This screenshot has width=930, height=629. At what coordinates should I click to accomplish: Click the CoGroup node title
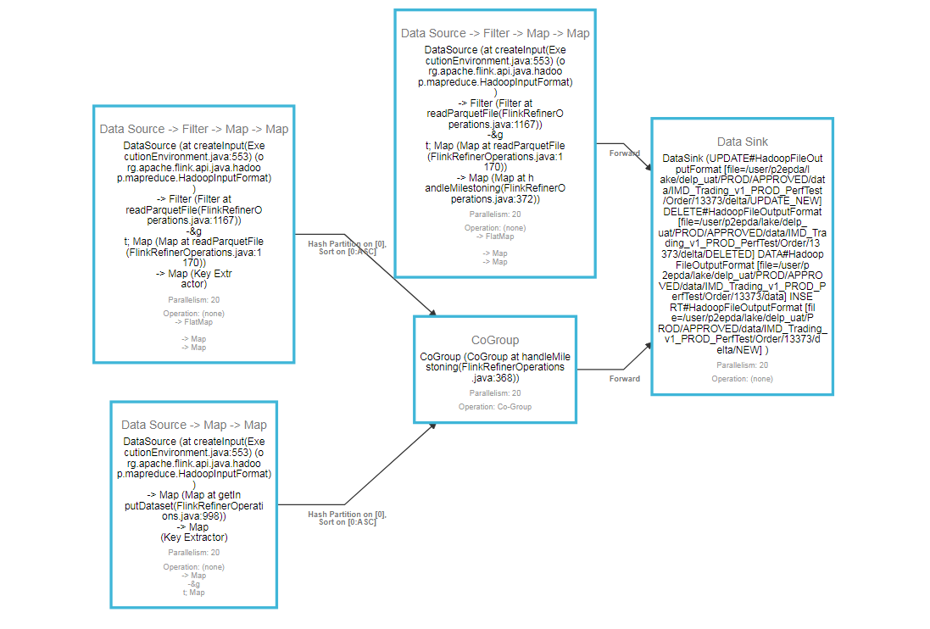(494, 340)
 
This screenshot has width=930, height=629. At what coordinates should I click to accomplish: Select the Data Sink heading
(742, 142)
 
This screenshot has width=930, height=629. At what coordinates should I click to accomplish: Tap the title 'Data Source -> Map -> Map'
(194, 425)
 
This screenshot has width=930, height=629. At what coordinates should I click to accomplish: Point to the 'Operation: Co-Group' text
(495, 407)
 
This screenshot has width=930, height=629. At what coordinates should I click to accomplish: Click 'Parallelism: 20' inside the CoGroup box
(495, 393)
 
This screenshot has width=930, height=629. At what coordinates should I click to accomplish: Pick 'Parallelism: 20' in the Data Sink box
(742, 365)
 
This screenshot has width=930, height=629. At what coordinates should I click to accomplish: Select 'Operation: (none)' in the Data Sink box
(742, 379)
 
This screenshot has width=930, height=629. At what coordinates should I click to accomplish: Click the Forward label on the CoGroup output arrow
(624, 379)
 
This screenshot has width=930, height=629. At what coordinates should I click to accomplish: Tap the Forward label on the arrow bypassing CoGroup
(624, 153)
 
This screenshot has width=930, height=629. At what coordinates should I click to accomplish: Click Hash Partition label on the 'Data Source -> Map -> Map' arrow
(347, 518)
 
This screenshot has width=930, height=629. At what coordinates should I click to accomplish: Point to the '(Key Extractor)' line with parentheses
(194, 537)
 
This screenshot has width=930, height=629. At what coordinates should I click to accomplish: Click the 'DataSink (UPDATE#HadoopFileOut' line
(743, 159)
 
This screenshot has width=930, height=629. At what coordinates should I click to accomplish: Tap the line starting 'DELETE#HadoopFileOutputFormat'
(743, 211)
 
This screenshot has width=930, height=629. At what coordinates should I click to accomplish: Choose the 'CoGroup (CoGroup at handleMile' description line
(495, 357)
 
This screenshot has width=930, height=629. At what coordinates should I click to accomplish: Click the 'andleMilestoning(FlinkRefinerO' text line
(495, 188)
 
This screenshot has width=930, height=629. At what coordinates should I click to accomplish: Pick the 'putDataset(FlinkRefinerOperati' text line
(194, 505)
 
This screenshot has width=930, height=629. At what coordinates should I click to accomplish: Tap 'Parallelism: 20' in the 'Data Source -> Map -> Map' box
(194, 553)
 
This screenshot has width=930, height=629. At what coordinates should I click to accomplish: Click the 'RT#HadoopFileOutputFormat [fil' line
(743, 308)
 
